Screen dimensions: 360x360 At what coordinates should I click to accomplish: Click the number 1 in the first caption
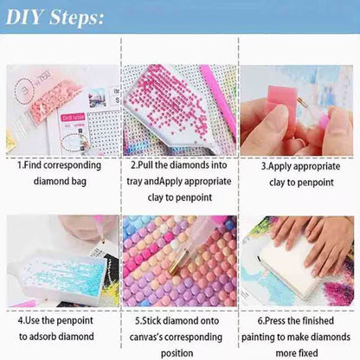20,163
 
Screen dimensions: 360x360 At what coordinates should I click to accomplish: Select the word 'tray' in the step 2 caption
138,181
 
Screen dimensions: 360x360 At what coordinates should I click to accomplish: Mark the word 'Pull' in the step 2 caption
145,163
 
